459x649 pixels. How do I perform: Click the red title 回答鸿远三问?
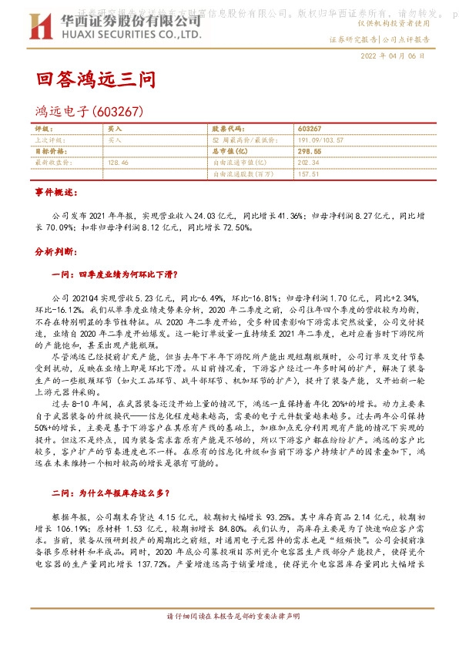point(96,79)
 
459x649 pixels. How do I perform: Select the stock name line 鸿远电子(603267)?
point(89,113)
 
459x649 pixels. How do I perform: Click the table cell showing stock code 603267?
point(308,129)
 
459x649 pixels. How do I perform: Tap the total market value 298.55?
point(309,152)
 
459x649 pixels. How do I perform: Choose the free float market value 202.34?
point(307,163)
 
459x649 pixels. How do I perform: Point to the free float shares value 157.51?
point(307,174)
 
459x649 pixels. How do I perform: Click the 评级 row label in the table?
point(42,129)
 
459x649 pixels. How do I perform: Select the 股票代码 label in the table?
point(226,129)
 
